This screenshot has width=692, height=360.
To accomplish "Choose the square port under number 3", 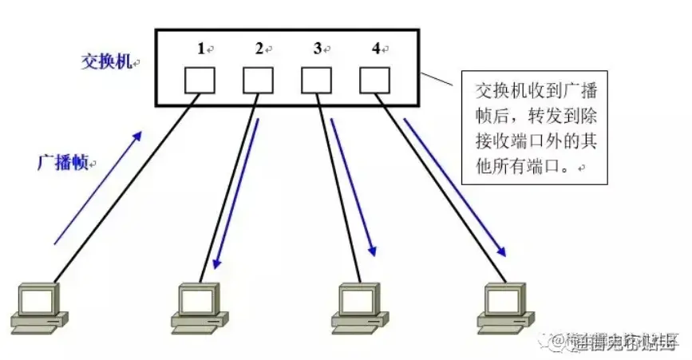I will (316, 80).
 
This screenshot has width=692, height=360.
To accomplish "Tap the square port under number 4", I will (374, 80).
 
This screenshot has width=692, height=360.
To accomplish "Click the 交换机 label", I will (106, 61).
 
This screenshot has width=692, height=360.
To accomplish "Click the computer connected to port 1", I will (38, 307).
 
